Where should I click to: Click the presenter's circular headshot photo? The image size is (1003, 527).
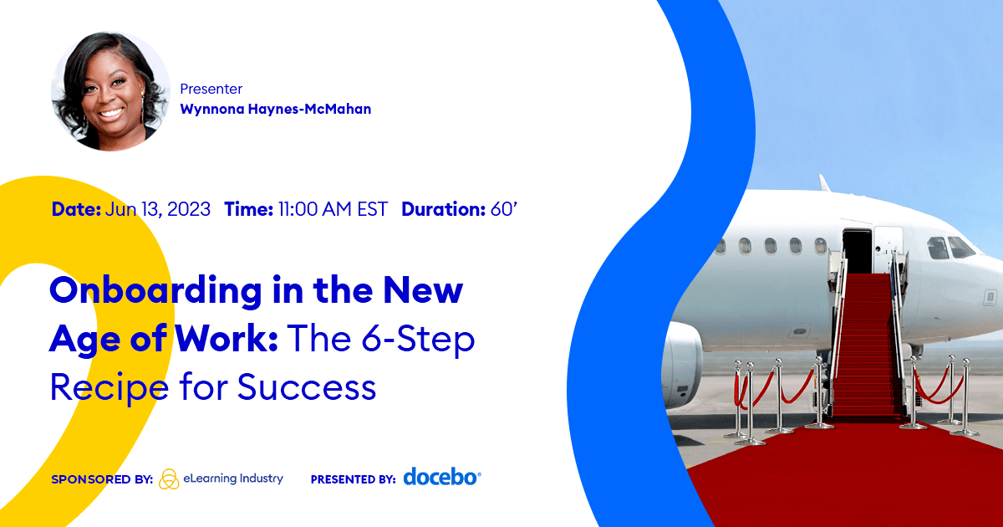click(111, 91)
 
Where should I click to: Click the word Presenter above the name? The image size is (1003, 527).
click(211, 89)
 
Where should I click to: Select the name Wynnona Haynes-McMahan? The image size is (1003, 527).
click(275, 109)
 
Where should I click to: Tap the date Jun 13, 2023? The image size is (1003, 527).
click(158, 209)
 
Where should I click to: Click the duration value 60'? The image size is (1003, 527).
click(504, 209)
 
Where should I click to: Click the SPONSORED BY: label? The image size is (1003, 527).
click(102, 480)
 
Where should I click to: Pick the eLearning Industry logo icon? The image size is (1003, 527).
click(169, 478)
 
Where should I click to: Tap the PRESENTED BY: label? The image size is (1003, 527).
click(353, 480)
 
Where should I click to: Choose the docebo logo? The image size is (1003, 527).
click(442, 477)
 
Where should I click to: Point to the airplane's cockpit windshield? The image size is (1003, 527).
click(950, 248)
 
